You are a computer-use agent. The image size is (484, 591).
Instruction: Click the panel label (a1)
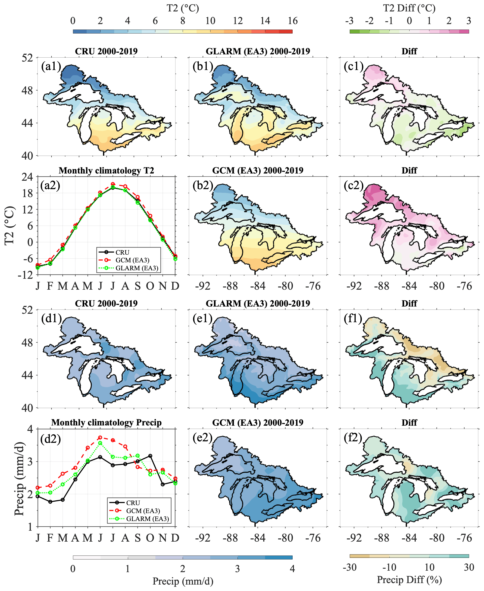point(51,66)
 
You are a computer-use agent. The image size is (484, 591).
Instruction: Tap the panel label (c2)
point(353,185)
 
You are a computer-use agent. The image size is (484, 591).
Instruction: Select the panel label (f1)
point(353,318)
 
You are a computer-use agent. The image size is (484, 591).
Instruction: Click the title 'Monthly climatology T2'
point(106,170)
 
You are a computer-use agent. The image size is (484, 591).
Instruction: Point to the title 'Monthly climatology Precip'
point(106,422)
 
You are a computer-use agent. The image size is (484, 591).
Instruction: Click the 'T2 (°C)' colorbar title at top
point(183,8)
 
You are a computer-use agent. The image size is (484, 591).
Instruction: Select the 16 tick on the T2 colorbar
point(292,21)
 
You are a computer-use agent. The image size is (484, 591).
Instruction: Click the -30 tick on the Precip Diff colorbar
point(350,567)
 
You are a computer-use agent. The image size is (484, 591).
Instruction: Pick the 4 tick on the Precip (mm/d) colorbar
point(292,568)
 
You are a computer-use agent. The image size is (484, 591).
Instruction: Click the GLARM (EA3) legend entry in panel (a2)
point(137,268)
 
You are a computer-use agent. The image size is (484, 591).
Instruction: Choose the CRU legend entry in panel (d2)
point(133,503)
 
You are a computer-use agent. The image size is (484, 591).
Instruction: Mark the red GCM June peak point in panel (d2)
point(100,438)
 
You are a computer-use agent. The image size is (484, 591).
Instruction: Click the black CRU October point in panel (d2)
point(150,456)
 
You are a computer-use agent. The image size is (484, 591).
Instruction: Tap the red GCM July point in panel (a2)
point(113,184)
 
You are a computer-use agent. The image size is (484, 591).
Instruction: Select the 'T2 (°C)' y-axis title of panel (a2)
point(9,226)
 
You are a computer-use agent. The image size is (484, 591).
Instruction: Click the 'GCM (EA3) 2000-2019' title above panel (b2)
point(258,170)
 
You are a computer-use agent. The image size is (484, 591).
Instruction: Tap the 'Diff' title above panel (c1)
point(409,51)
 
